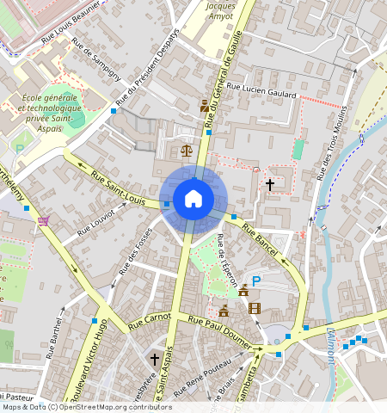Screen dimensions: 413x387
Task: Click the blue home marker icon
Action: pyautogui.click(x=193, y=199)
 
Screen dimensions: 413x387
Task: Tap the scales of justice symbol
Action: pyautogui.click(x=187, y=149)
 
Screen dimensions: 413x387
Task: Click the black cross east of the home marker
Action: pyautogui.click(x=269, y=184)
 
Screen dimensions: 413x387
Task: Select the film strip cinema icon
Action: pyautogui.click(x=254, y=308)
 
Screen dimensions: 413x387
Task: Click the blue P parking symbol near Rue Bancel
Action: pyautogui.click(x=255, y=280)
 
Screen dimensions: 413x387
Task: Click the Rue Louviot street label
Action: pyautogui.click(x=95, y=221)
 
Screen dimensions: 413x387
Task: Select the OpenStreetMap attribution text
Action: pyautogui.click(x=87, y=407)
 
